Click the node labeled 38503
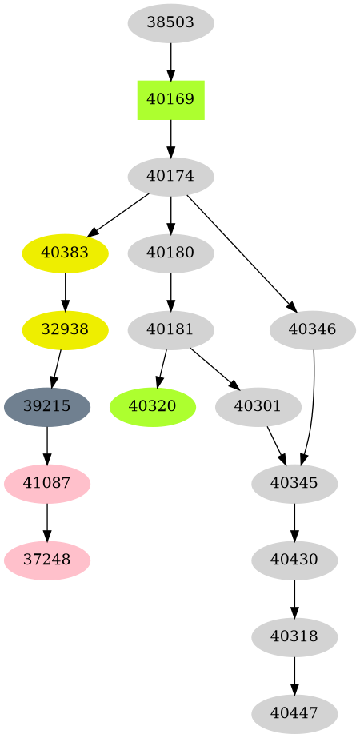170,23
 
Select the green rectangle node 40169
170,100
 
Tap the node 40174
170,177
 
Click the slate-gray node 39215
47,406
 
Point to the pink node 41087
47,483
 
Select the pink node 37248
47,560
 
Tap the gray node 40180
170,253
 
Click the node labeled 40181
170,329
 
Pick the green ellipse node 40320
152,406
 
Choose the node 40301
258,406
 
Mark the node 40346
313,329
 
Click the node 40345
294,483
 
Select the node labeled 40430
294,560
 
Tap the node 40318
294,636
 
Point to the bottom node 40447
294,712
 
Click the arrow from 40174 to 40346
240,251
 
